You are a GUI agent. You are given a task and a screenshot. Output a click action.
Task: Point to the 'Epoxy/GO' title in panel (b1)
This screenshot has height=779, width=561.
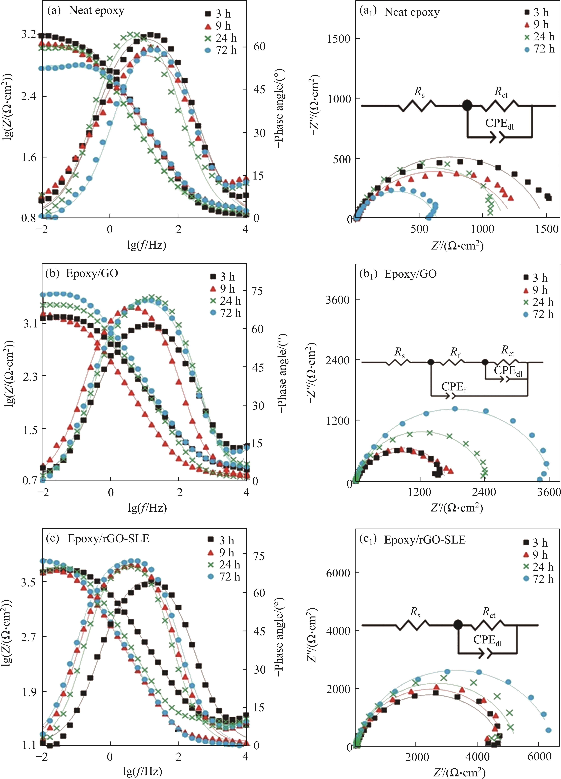click(411, 274)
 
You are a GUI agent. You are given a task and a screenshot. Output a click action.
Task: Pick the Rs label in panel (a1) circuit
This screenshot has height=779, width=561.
click(419, 92)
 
